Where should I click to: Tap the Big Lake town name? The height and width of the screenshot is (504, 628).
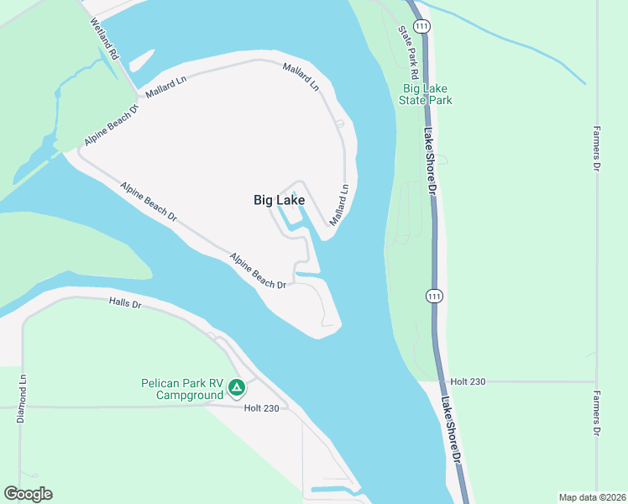pyautogui.click(x=279, y=200)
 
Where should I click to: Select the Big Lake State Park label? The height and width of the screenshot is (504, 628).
pyautogui.click(x=427, y=94)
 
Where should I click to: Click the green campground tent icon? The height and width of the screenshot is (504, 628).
pyautogui.click(x=238, y=388)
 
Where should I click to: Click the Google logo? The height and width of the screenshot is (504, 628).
pyautogui.click(x=28, y=494)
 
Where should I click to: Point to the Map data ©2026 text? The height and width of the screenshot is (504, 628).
pyautogui.click(x=591, y=497)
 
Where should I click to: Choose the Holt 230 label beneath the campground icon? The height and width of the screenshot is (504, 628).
pyautogui.click(x=261, y=408)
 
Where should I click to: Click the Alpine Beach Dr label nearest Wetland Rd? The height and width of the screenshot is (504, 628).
pyautogui.click(x=110, y=127)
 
